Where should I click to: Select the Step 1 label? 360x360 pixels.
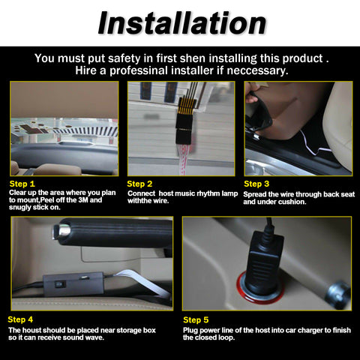22,183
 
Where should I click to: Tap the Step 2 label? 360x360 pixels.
140,183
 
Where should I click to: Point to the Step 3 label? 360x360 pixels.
257,183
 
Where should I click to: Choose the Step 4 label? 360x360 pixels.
22,319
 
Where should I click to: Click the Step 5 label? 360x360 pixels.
196,319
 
